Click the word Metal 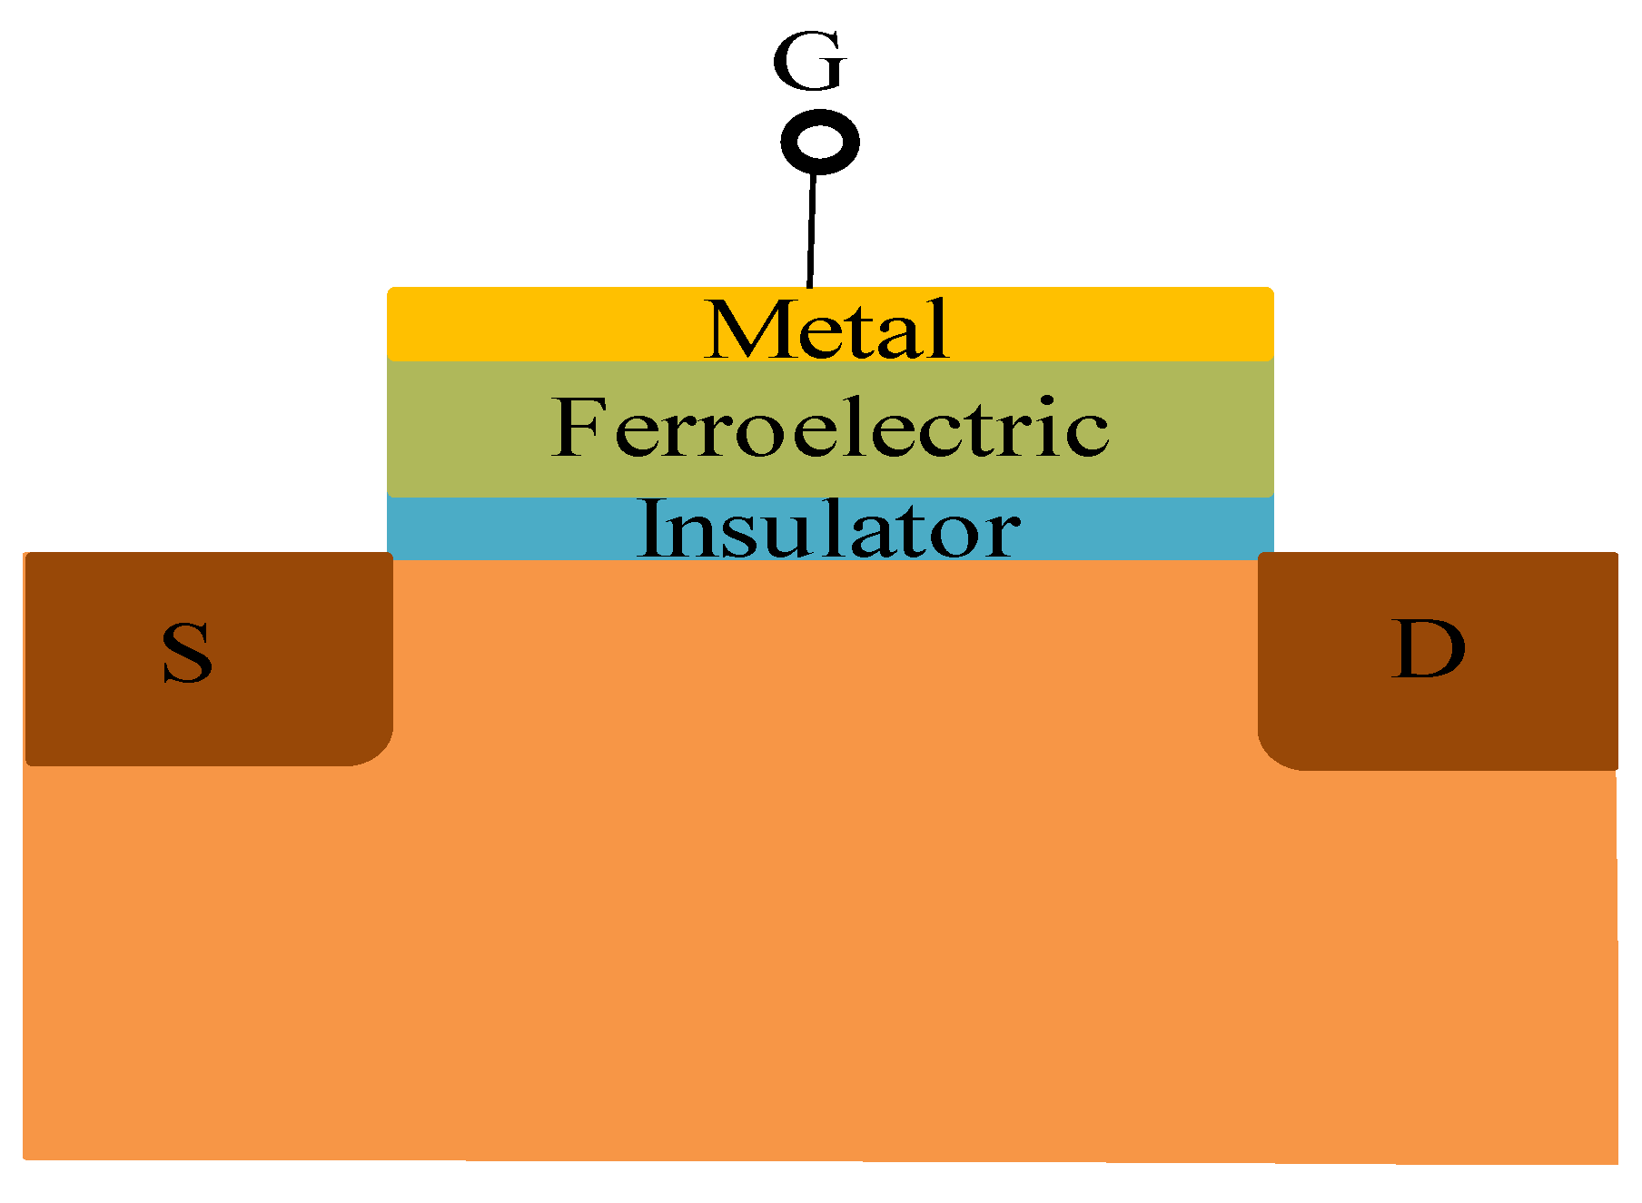(x=827, y=330)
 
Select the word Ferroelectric (x=830, y=427)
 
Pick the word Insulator (x=829, y=529)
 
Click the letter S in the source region (x=187, y=653)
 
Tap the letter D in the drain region (x=1428, y=649)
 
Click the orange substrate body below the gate (x=817, y=863)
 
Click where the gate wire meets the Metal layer (x=809, y=287)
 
